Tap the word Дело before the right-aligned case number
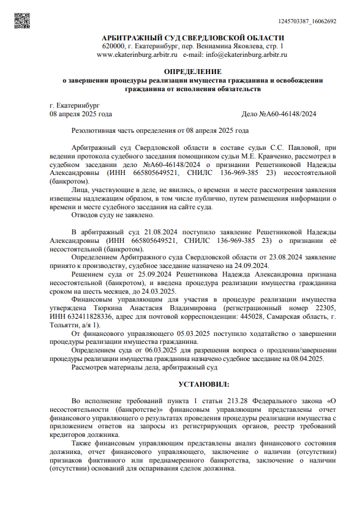click(x=251, y=114)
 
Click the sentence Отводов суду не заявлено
click(x=113, y=215)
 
